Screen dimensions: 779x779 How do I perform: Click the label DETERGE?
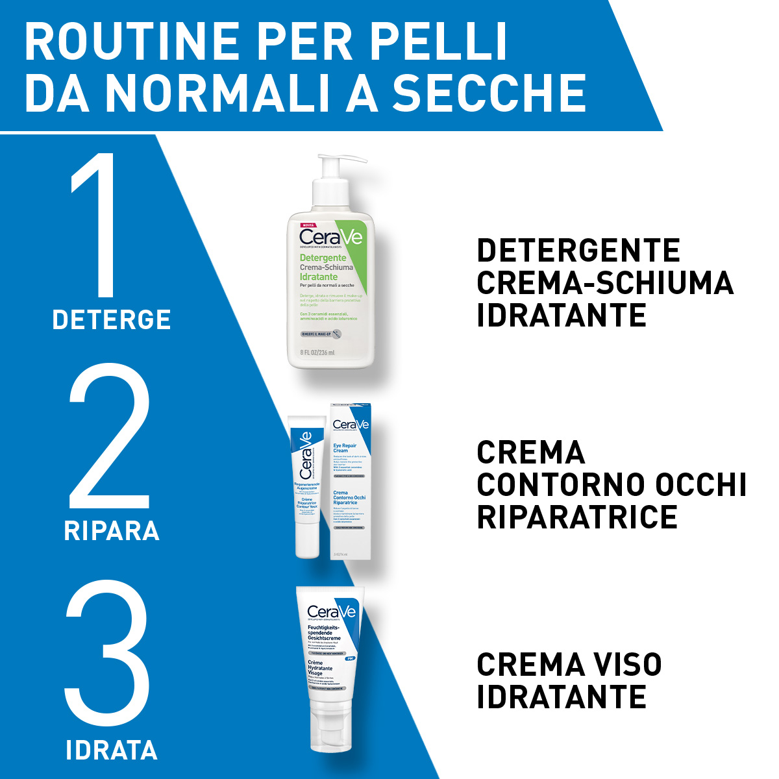pos(112,320)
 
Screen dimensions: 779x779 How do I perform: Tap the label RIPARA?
pos(112,531)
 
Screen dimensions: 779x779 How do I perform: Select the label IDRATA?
pos(112,750)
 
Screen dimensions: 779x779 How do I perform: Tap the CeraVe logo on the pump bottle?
pos(331,238)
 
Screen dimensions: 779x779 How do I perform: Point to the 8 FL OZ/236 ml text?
pos(317,352)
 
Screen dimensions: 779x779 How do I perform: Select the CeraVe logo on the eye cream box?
pos(351,425)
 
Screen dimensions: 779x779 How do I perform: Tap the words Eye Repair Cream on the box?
pos(345,448)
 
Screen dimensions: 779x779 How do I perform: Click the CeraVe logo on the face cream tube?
pos(331,612)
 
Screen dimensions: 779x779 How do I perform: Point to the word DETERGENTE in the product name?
pos(578,251)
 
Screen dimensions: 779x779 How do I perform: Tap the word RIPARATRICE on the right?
pos(577,517)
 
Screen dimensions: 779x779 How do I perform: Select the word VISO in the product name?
pos(623,665)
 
